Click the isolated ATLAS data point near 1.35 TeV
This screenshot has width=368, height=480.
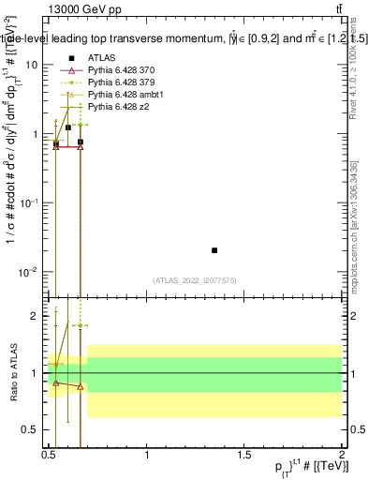click(x=214, y=250)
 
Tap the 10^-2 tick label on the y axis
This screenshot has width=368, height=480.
click(x=28, y=272)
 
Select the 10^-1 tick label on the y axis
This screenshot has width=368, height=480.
click(x=28, y=202)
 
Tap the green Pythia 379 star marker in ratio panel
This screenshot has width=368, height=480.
click(x=81, y=326)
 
